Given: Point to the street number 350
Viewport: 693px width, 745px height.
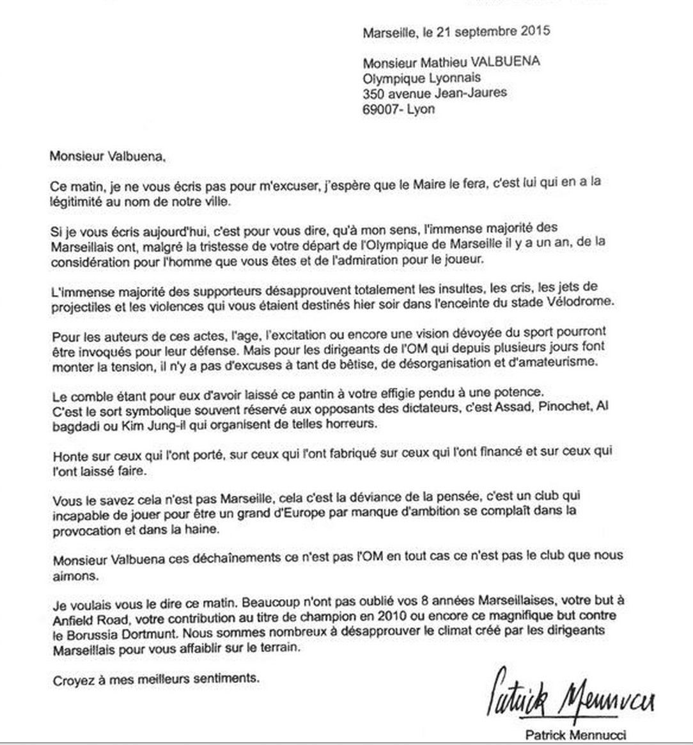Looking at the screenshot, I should pos(373,93).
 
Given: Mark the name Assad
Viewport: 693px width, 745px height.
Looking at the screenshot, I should pos(495,408).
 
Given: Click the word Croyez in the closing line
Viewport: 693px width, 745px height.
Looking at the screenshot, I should pos(71,678).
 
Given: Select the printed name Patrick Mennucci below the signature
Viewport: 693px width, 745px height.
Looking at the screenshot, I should pos(575,735).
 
